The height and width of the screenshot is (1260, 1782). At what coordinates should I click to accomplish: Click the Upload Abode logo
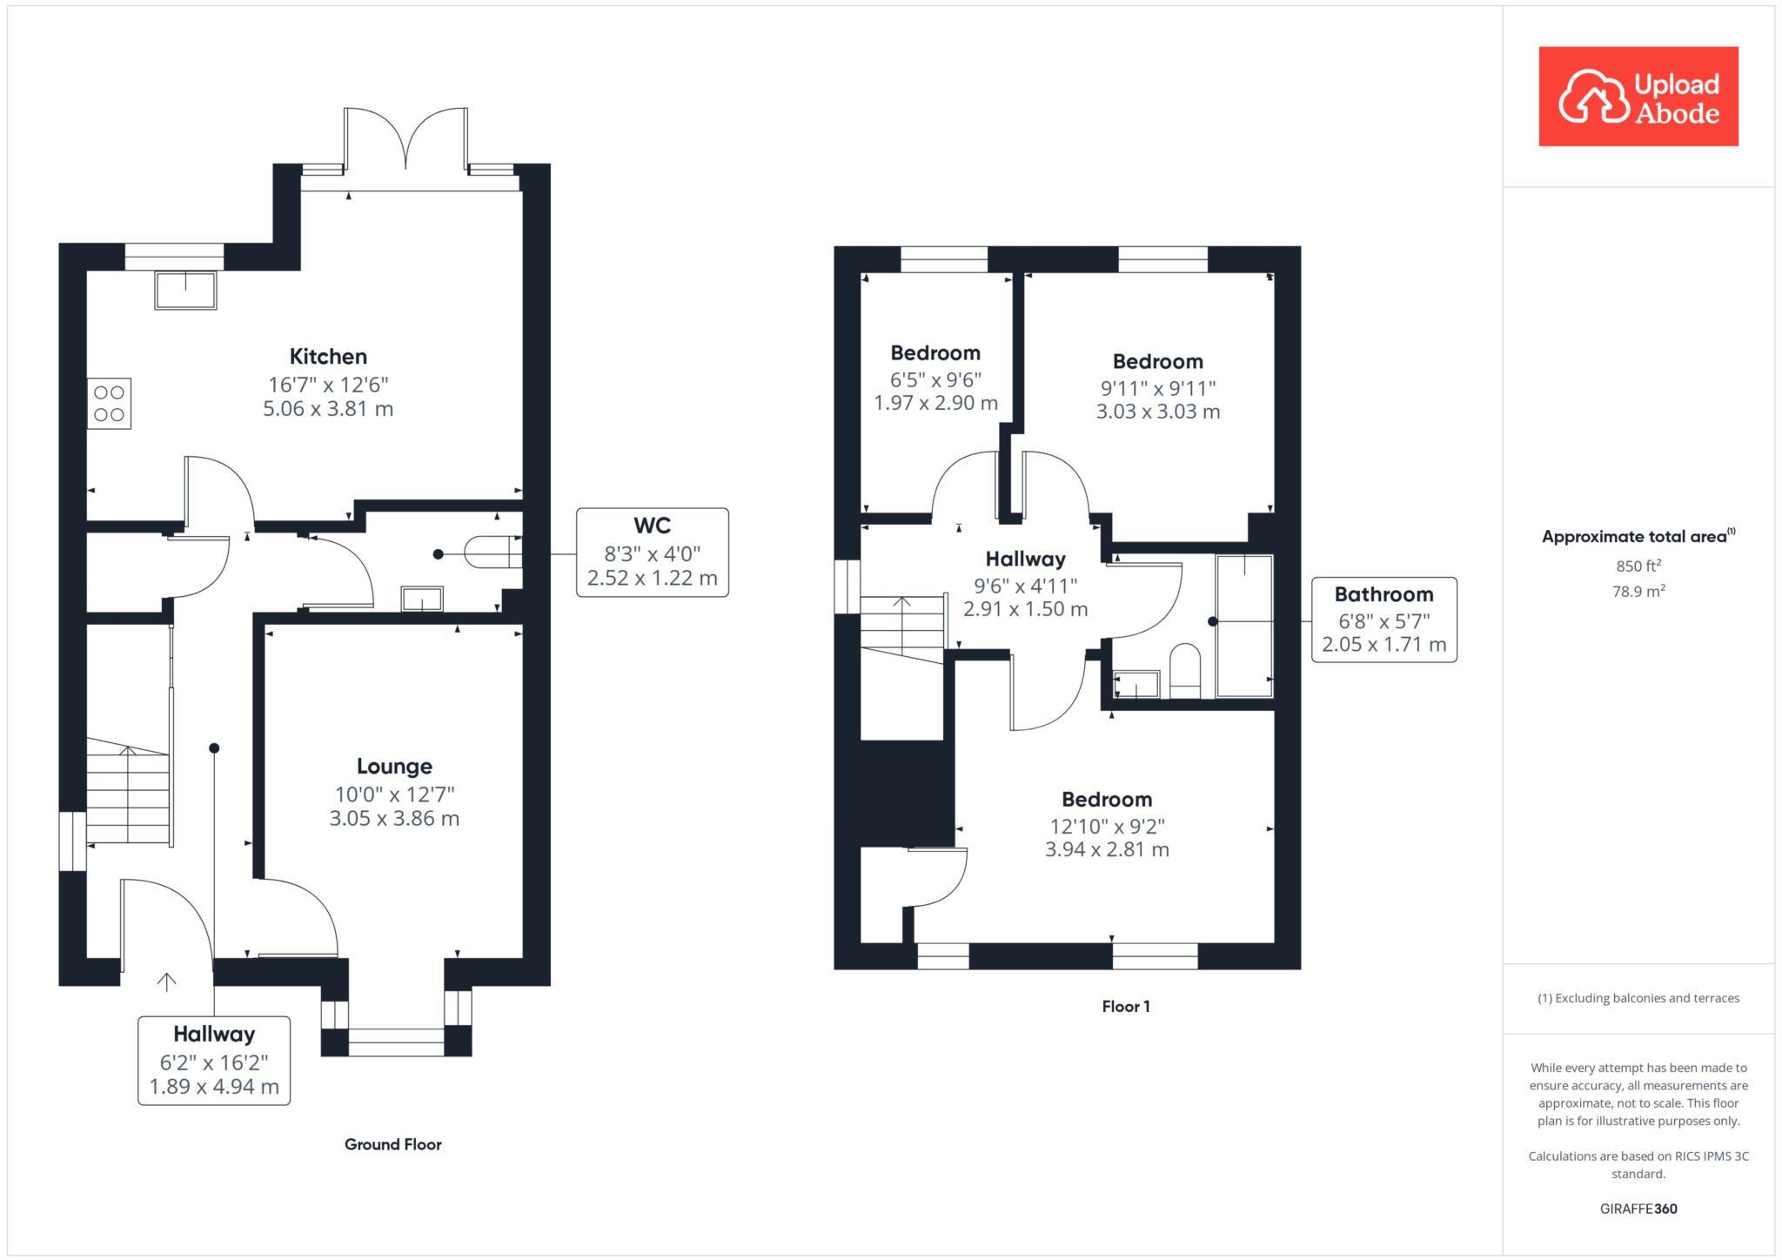tap(1638, 96)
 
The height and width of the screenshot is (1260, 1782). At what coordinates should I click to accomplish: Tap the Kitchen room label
tap(328, 356)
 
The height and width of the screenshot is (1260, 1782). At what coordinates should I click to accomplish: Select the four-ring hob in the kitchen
tap(109, 403)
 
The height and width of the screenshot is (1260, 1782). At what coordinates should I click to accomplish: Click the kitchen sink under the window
tap(185, 290)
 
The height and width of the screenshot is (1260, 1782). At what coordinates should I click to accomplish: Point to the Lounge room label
tap(394, 766)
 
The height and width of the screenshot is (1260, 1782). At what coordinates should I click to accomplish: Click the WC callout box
tap(653, 553)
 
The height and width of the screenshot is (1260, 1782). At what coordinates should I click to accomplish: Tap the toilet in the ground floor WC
tap(492, 553)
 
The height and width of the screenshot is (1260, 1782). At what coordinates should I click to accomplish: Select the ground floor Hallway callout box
tap(214, 1061)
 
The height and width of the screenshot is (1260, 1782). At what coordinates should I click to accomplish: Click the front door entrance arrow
tap(166, 982)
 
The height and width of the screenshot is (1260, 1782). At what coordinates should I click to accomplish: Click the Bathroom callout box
tap(1384, 620)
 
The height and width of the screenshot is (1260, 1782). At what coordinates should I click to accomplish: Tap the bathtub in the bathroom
tap(1244, 626)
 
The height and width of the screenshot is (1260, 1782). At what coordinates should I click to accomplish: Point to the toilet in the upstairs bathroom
tap(1184, 671)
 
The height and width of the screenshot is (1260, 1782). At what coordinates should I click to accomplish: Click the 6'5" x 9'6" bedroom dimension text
tap(935, 379)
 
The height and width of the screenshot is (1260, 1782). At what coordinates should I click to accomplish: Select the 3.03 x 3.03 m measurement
tap(1158, 412)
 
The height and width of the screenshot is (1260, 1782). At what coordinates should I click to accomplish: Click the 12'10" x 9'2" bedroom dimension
tap(1107, 826)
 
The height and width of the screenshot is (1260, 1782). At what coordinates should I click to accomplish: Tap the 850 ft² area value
tap(1638, 566)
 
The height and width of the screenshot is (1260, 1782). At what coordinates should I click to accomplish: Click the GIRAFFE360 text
tap(1638, 1209)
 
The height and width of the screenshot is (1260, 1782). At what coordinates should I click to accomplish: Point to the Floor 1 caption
tap(1126, 1007)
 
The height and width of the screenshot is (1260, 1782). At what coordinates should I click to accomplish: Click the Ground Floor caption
tap(393, 1144)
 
